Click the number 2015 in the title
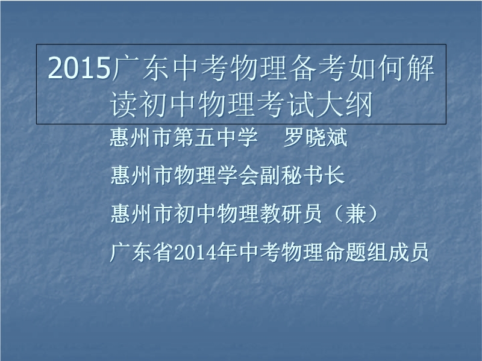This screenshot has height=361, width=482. [80, 68]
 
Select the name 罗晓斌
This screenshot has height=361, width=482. [315, 137]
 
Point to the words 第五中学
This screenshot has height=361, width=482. [215, 137]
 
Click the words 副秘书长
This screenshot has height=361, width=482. [302, 175]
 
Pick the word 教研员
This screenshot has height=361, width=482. [291, 214]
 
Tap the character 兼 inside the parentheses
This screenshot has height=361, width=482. [356, 214]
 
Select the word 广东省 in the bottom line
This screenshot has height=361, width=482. [141, 253]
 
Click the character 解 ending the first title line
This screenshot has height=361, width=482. [420, 68]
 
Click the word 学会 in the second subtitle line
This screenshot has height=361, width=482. [237, 175]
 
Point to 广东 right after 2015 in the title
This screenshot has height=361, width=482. [140, 68]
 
